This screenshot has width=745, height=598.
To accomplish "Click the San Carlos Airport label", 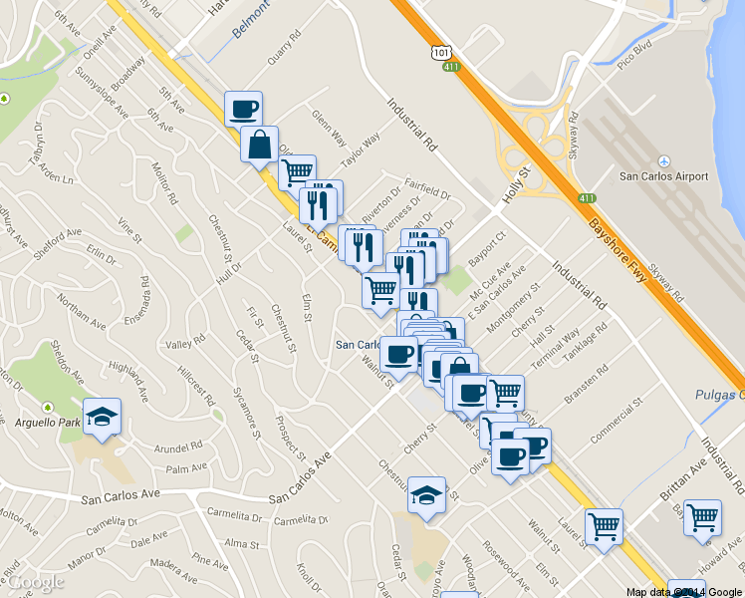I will pos(664,176).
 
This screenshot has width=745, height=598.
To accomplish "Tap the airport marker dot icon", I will pos(664,161).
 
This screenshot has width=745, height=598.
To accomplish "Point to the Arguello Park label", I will pos(49,422).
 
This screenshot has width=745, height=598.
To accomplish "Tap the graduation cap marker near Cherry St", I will pos(426,495).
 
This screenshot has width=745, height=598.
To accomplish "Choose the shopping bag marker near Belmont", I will pos(259,146).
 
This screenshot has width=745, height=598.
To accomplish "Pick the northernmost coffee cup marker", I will pos(243,109).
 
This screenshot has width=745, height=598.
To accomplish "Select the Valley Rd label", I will pos(185,344).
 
